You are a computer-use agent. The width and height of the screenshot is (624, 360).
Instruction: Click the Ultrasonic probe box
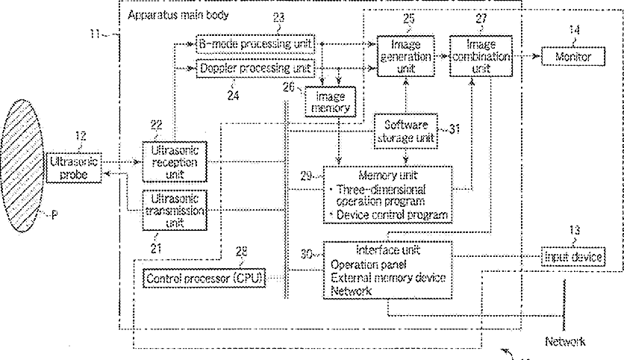click(x=74, y=167)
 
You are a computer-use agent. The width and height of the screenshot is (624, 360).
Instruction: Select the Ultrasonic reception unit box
click(x=175, y=161)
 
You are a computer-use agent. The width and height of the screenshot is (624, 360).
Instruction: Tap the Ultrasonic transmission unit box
click(x=175, y=211)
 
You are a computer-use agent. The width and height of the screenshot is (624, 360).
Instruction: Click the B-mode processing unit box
click(x=255, y=44)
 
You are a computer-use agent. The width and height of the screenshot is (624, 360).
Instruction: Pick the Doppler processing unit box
click(x=255, y=69)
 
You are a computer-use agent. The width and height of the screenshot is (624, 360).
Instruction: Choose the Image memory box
click(x=331, y=102)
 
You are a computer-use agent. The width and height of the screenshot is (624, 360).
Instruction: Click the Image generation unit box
click(x=405, y=56)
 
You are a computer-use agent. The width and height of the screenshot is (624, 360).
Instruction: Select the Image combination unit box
click(x=481, y=56)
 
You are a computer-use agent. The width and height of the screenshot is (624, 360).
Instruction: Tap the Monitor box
click(x=573, y=57)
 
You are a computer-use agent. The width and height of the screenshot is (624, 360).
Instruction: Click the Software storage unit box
click(x=405, y=131)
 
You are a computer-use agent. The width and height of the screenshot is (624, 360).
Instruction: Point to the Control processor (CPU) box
click(x=205, y=278)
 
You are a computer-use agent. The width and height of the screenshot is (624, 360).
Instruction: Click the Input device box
click(x=573, y=257)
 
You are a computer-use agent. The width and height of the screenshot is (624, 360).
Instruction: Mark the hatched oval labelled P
click(x=22, y=166)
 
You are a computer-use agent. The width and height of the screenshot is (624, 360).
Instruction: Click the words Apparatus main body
click(x=178, y=16)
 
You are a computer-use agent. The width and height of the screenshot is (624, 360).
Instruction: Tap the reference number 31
click(x=455, y=129)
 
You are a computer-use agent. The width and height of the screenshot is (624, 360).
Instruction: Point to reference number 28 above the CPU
click(x=241, y=251)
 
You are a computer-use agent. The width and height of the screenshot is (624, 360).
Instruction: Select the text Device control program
click(x=392, y=215)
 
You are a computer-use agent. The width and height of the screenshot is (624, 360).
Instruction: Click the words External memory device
click(x=388, y=278)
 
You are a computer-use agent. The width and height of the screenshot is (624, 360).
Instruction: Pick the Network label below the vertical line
click(x=565, y=341)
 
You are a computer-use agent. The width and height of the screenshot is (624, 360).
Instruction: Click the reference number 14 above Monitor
click(x=574, y=29)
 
